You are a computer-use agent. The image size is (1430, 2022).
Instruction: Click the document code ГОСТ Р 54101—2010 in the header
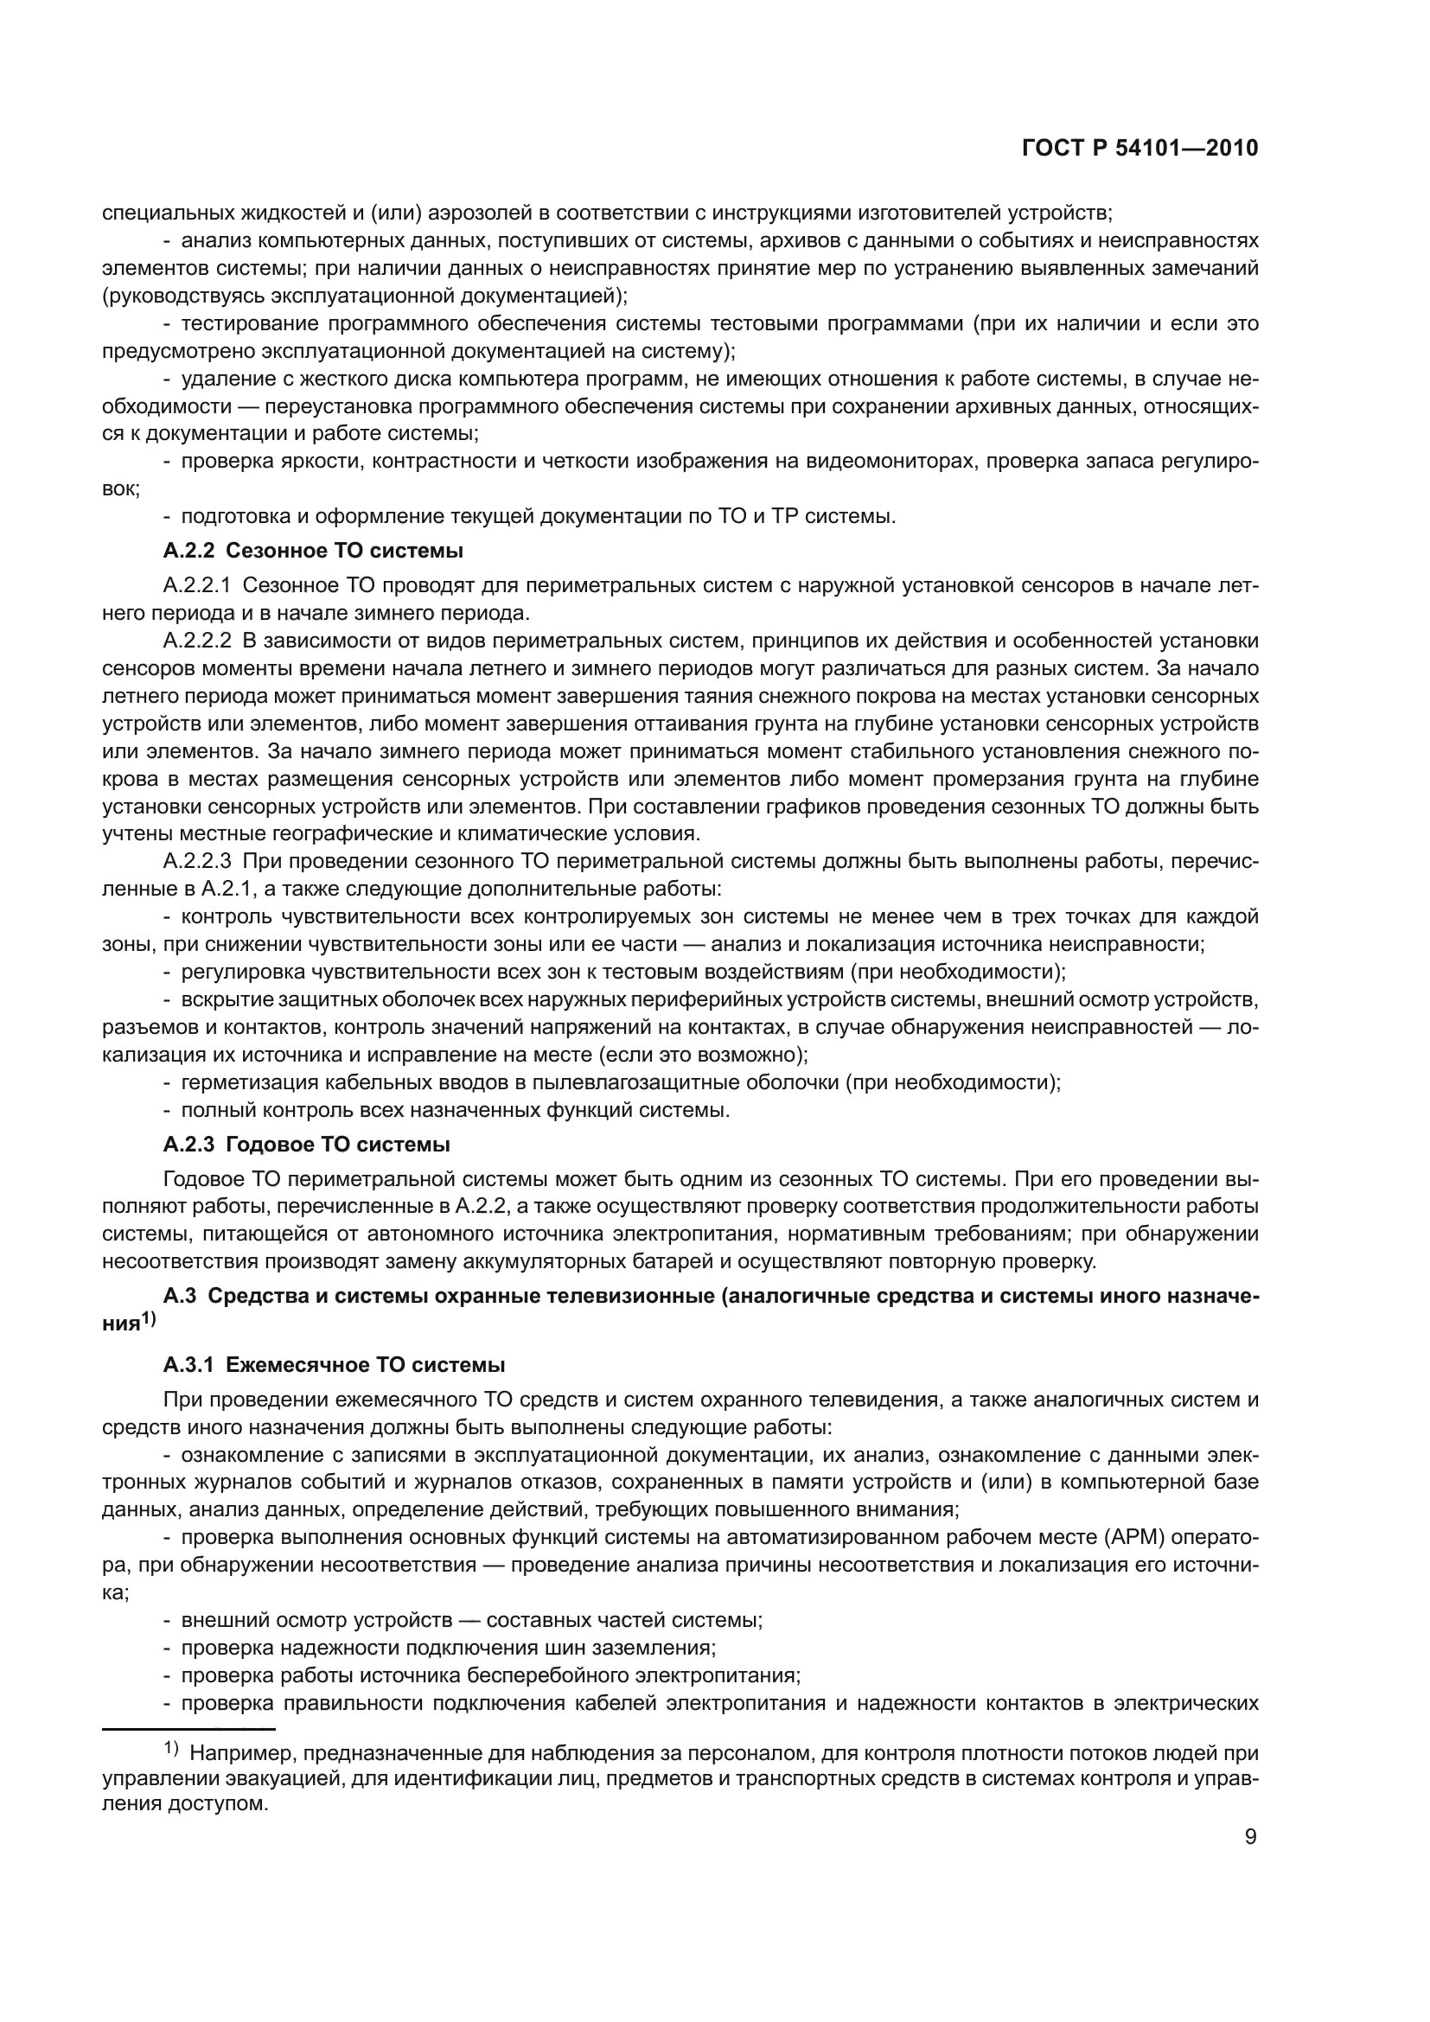[1140, 148]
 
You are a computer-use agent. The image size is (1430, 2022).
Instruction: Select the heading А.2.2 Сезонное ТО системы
[313, 552]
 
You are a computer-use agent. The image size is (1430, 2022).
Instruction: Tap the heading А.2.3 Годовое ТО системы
[306, 1145]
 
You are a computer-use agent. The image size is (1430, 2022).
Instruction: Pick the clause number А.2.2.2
[196, 641]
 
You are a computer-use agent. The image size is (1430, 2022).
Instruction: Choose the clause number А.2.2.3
[196, 860]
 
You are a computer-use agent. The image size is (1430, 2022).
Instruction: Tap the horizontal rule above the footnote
[188, 1729]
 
